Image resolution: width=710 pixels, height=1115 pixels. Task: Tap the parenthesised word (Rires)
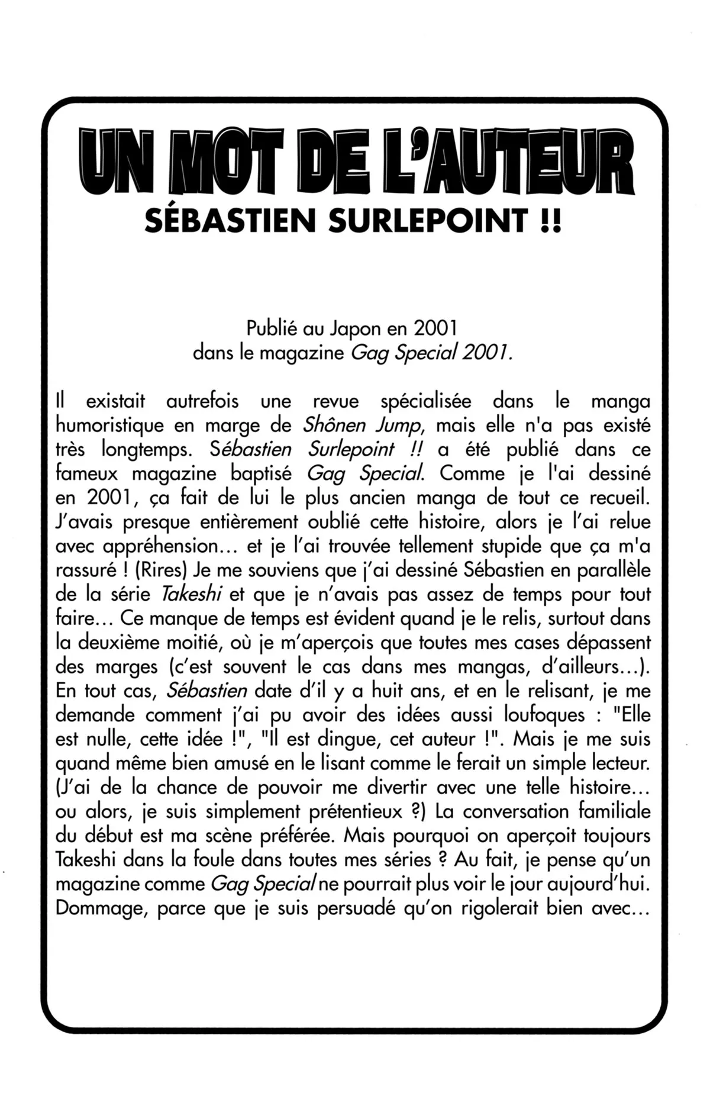(x=156, y=571)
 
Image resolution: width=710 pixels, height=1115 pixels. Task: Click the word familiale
(x=614, y=812)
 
